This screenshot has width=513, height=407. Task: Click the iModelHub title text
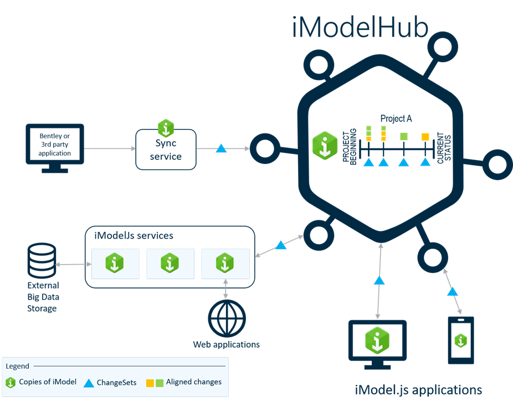(x=360, y=28)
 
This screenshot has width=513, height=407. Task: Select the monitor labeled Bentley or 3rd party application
(x=55, y=148)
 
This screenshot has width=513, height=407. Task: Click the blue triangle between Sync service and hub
(x=221, y=148)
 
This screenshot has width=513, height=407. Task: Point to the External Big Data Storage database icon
(x=42, y=261)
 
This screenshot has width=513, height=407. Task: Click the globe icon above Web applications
(x=227, y=318)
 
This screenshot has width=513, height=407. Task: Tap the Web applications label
(x=227, y=344)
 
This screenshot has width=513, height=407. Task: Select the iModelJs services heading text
(x=134, y=236)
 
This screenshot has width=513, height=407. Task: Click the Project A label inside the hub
(x=396, y=119)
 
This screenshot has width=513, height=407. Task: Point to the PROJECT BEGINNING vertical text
(x=349, y=147)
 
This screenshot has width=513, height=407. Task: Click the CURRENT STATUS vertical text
(x=444, y=148)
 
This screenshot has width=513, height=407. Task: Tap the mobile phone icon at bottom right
(x=461, y=340)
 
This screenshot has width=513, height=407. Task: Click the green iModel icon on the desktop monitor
(x=377, y=341)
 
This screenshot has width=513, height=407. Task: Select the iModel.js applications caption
(x=418, y=390)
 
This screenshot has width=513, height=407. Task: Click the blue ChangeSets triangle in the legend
(x=89, y=383)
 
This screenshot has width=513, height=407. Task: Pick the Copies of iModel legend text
(x=48, y=382)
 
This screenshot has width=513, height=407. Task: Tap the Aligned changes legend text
(x=194, y=382)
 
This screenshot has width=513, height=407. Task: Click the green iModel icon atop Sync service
(x=166, y=128)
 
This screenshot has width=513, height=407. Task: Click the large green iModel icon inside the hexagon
(x=325, y=146)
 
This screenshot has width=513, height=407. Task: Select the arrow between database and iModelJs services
(x=74, y=264)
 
